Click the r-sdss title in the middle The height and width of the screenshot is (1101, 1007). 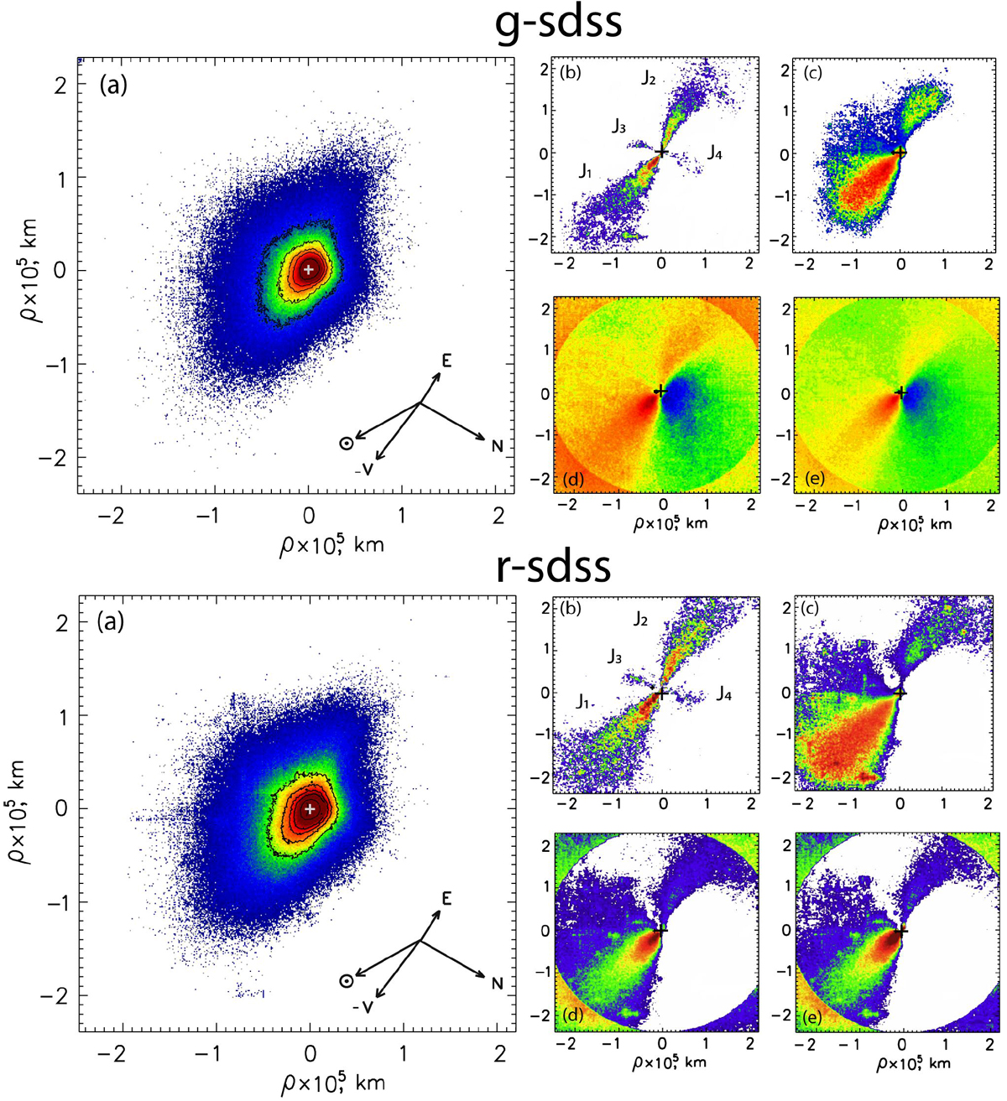tap(553, 568)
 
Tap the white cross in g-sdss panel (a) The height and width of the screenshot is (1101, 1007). tap(309, 269)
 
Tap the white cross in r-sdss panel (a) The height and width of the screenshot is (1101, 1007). tap(310, 808)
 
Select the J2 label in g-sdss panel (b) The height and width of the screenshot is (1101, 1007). tap(648, 79)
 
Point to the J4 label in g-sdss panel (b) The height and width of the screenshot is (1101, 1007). tap(713, 152)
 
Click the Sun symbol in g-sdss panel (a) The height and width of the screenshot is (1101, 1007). tap(346, 444)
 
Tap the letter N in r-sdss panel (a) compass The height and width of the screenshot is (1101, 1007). tap(497, 984)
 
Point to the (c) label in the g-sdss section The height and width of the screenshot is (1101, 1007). tap(812, 73)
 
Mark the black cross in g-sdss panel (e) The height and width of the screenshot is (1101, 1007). tap(900, 392)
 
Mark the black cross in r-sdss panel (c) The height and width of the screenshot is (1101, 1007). tap(900, 693)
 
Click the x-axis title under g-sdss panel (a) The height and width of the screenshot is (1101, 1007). tap(332, 543)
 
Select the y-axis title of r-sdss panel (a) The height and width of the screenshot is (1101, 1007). tap(20, 809)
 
